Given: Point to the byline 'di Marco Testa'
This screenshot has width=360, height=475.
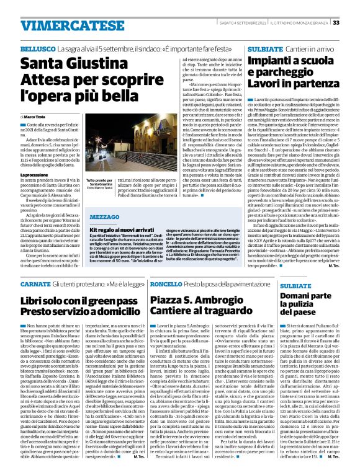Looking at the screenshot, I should click(35, 117).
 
